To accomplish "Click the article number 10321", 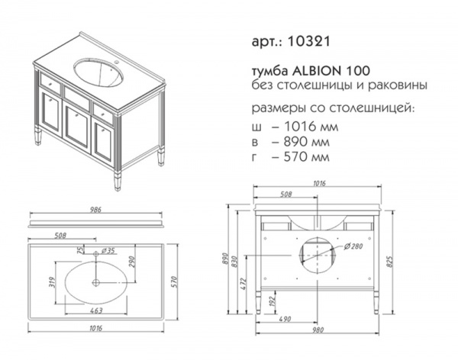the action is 309,41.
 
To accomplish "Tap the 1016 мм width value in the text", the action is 311,127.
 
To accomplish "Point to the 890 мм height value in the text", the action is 307,142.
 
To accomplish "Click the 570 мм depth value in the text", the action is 307,157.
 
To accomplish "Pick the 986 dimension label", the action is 95,210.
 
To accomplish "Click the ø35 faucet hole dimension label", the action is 107,250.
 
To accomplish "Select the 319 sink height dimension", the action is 52,282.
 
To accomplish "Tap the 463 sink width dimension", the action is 96,310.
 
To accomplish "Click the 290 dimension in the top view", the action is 131,262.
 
